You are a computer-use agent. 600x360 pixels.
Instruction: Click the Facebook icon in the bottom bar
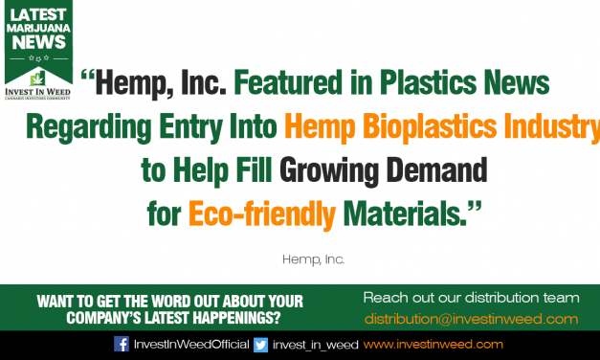click(x=122, y=345)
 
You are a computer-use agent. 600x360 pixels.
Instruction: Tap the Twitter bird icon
click(x=261, y=345)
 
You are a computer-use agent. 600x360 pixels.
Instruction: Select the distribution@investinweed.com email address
click(x=471, y=319)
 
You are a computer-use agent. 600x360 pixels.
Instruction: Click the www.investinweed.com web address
click(x=433, y=345)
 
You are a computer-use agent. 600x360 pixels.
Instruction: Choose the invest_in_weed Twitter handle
click(x=315, y=345)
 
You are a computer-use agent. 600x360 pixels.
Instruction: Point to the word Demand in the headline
click(x=435, y=169)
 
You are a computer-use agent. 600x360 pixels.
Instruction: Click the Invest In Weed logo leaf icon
click(x=38, y=79)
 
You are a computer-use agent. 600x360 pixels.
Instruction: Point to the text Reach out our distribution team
click(x=472, y=297)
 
